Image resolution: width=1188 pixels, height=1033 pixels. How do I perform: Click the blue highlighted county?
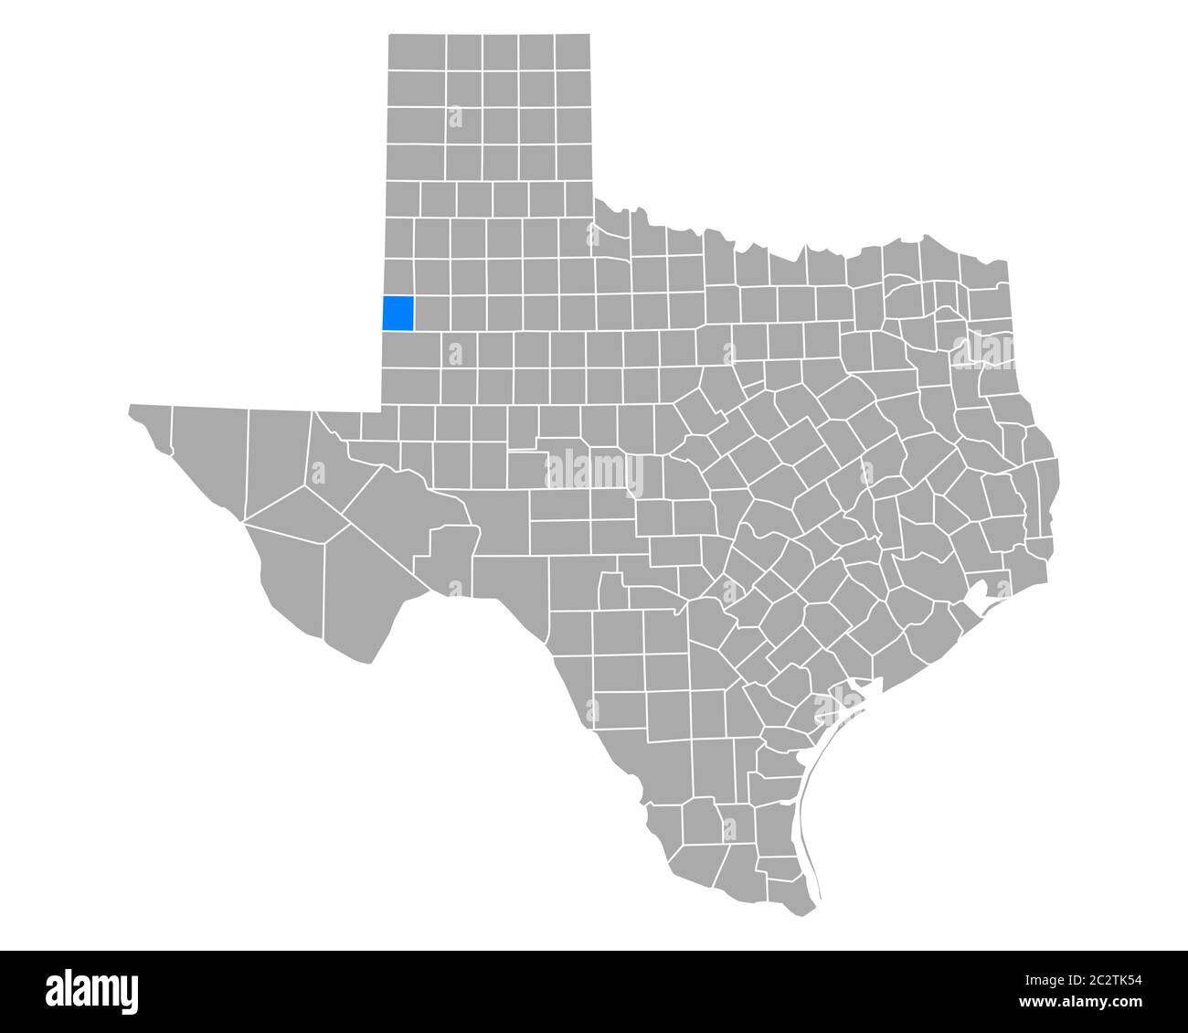point(398,313)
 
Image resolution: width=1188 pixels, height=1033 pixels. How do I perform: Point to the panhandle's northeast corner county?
point(571,53)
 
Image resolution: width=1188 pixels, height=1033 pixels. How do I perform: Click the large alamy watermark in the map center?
point(594,473)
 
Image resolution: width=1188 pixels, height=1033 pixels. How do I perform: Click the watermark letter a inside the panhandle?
point(454,117)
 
